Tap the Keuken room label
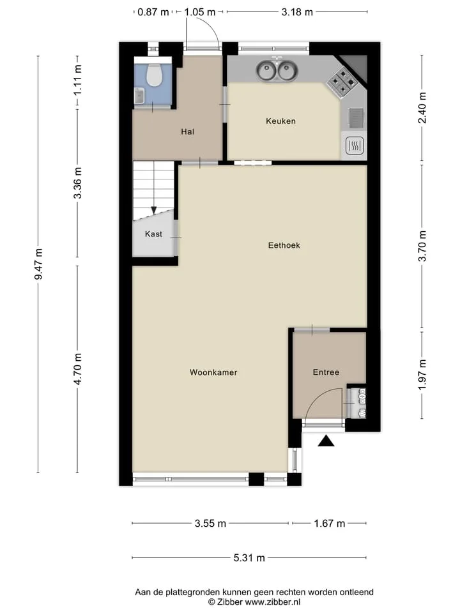pos(281,121)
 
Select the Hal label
pos(187,132)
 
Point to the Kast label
pos(153,234)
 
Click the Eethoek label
pos(284,245)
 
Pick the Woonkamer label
pos(213,372)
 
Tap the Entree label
pos(326,372)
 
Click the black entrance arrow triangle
pos(326,441)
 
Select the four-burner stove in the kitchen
pos(342,82)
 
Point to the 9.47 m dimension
pos(38,264)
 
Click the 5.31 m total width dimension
pos(249,557)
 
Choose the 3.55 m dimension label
pos(210,523)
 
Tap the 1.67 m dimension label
pos(330,523)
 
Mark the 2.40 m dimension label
pos(422,108)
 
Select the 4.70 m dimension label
pos(78,368)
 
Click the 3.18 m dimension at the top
pos(297,12)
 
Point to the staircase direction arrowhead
pos(154,210)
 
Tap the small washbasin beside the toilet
pos(139,95)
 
